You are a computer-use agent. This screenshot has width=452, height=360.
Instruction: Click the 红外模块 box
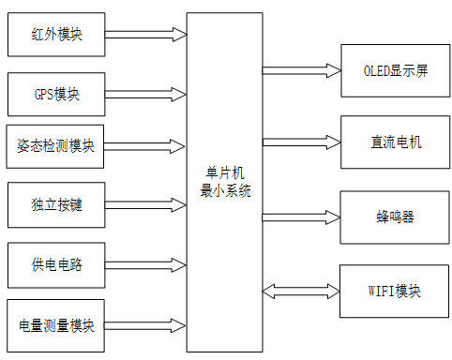coord(56,35)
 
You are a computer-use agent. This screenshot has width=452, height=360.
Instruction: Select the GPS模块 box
coord(56,95)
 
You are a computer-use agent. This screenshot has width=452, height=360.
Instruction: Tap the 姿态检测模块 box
coord(56,146)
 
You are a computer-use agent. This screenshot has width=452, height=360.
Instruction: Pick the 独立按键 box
coord(56,204)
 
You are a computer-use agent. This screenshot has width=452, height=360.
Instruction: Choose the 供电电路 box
coord(56,264)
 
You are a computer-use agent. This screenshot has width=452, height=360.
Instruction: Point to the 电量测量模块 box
coord(56,325)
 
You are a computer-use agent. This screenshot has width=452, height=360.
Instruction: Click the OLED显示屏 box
coord(395,71)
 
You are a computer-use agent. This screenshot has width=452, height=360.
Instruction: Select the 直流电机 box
coord(395,142)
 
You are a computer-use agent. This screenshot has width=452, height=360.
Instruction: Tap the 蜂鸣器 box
coord(395,217)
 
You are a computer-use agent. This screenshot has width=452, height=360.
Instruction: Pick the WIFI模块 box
coord(395,291)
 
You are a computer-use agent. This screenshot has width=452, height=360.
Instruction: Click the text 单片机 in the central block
coord(224,172)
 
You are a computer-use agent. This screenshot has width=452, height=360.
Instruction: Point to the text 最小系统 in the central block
coord(224,189)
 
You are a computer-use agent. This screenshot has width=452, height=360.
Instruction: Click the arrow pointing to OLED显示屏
coord(300,70)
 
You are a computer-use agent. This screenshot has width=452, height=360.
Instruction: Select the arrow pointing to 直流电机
coord(300,142)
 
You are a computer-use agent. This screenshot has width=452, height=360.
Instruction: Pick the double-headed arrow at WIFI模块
coord(300,291)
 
